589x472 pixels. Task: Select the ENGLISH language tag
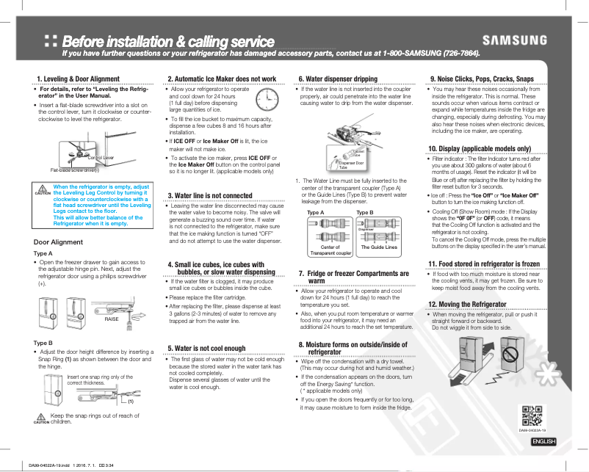[x=543, y=440]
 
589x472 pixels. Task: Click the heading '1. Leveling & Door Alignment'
[x=78, y=79]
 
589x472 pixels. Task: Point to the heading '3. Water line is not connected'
[x=210, y=195]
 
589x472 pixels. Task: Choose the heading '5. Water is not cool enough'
[x=206, y=348]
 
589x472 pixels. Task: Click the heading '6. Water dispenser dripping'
[x=338, y=79]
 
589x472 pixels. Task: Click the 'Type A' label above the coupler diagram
[x=316, y=212]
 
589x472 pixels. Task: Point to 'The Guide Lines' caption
[x=379, y=247]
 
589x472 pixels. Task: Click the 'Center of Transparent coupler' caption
[x=330, y=250]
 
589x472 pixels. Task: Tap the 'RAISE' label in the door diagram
[x=112, y=319]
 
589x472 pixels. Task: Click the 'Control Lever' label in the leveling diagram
[x=100, y=158]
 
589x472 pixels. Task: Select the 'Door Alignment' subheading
[x=59, y=242]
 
